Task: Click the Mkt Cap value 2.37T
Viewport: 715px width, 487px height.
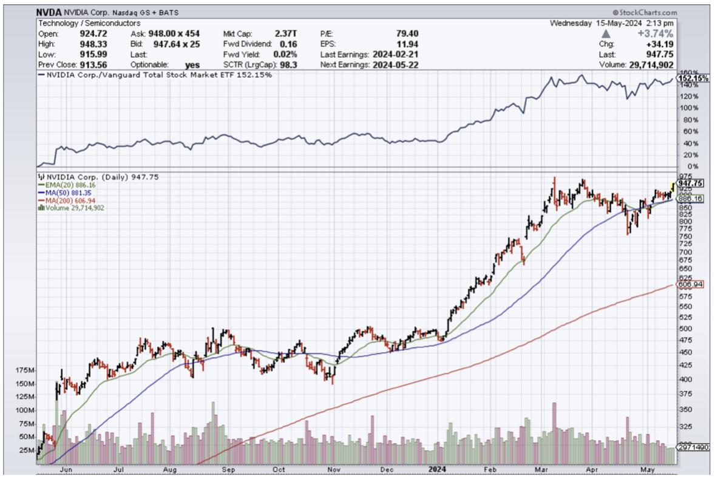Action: [x=285, y=33]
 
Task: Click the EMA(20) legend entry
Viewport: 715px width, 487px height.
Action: [x=67, y=185]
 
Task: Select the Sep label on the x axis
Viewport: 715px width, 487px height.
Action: [x=228, y=469]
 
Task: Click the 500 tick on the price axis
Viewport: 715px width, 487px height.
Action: [x=685, y=329]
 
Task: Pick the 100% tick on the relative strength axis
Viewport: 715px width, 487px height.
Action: [x=686, y=107]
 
